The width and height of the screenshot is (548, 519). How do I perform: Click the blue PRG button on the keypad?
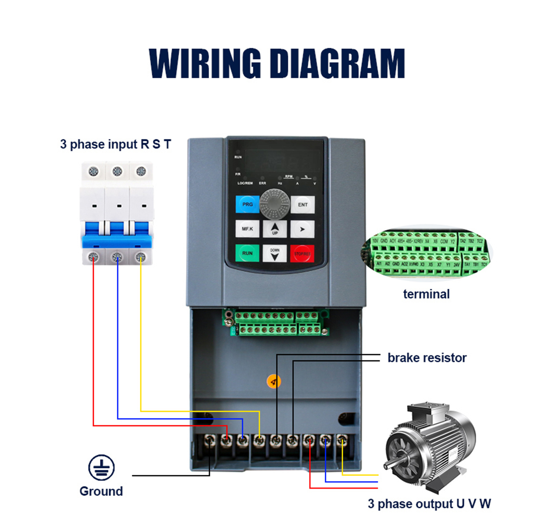point(247,204)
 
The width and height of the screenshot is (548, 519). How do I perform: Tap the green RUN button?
point(247,253)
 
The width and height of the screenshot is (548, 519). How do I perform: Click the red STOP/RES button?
point(302,254)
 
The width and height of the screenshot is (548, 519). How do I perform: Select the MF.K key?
point(247,229)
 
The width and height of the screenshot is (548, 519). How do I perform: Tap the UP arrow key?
point(275,229)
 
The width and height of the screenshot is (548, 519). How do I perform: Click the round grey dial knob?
point(275,204)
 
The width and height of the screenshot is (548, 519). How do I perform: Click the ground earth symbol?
point(101,468)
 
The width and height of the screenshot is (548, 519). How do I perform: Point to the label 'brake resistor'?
point(427,358)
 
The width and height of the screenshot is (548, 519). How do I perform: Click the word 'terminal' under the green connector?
point(426,294)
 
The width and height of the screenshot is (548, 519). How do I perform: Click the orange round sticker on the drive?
point(274,381)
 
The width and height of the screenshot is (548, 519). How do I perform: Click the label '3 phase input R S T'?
point(115,144)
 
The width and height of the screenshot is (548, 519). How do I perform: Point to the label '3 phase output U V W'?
point(429,504)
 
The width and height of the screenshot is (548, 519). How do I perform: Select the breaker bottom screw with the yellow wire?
point(140,257)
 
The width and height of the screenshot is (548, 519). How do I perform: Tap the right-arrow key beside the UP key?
point(302,229)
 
